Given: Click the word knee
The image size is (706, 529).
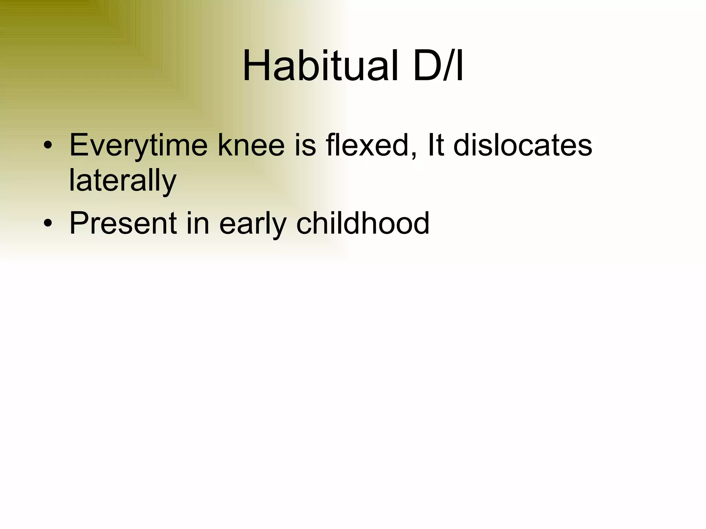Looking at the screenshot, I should coord(251,145).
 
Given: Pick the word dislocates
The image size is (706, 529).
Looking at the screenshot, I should coord(523,145).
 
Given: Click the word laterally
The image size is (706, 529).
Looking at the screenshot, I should coord(123,181).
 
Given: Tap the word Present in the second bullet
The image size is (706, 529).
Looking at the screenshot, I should coord(123,223).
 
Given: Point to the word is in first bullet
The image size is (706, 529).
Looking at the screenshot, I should coord(305,145).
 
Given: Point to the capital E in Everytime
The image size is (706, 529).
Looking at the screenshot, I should coord(79,145).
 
